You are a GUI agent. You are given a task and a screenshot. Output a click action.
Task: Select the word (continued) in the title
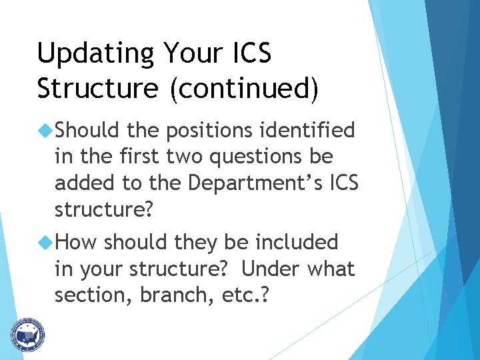tap(243, 89)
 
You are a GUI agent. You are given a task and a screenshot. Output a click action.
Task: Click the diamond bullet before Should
tap(47, 130)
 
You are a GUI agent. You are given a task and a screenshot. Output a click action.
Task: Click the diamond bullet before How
tap(47, 241)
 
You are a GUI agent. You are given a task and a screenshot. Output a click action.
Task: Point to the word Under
tap(271, 269)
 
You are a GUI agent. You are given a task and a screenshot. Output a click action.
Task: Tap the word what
tap(331, 269)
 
